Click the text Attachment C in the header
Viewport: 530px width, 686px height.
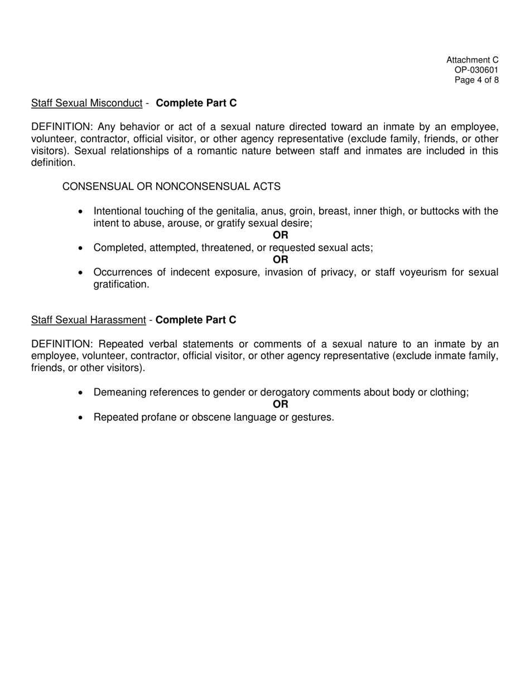[x=472, y=60]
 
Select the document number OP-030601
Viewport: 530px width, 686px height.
[x=476, y=70]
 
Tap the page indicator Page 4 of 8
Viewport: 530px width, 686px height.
[x=476, y=80]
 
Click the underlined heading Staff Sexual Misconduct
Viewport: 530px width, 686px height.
[x=86, y=103]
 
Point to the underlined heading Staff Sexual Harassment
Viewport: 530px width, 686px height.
[x=88, y=320]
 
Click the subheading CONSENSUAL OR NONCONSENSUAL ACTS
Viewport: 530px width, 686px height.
[x=171, y=186]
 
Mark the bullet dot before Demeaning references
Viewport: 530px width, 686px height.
[x=81, y=393]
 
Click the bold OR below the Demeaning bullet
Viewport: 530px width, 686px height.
[x=281, y=405]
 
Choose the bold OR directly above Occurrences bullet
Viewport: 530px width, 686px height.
[x=281, y=260]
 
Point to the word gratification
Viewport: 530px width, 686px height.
[x=121, y=284]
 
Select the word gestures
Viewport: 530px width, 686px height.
[x=313, y=417]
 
